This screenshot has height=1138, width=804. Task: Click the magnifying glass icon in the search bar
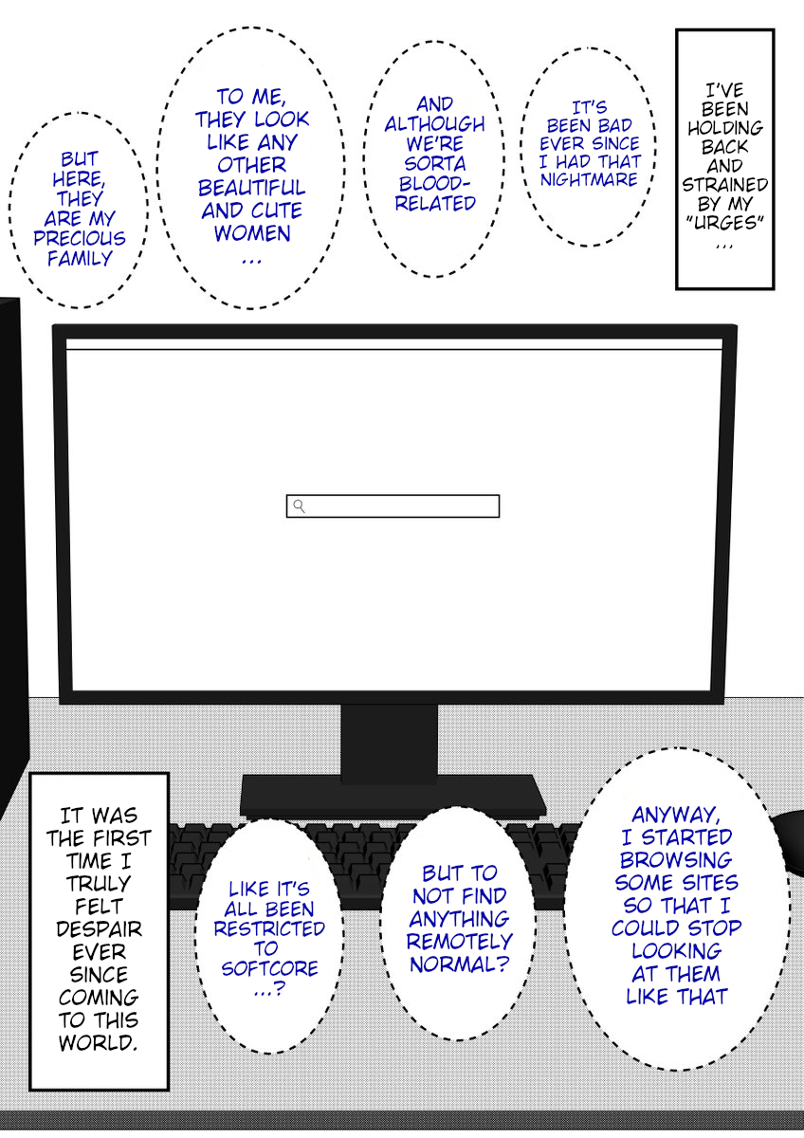[300, 506]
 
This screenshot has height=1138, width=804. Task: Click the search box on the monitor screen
[393, 506]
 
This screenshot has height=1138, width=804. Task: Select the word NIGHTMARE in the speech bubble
[589, 179]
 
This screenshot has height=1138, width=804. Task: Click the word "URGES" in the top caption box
[724, 223]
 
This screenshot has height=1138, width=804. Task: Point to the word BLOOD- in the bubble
[435, 183]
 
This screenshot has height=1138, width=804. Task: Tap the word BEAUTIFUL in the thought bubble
[251, 188]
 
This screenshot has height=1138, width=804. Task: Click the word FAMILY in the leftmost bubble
[80, 259]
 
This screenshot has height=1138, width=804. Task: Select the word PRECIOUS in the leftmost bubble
[80, 238]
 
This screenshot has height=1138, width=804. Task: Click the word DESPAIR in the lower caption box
[99, 928]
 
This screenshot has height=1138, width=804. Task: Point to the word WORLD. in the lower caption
[98, 1042]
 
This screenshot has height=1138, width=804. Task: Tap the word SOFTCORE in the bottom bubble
[269, 968]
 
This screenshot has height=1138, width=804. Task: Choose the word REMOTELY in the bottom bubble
[460, 942]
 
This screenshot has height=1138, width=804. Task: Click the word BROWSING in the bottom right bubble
[676, 859]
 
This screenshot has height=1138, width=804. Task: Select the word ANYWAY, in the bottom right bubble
[676, 815]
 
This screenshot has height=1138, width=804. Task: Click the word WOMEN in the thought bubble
[252, 233]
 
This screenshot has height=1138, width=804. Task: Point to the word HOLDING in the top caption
[724, 127]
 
